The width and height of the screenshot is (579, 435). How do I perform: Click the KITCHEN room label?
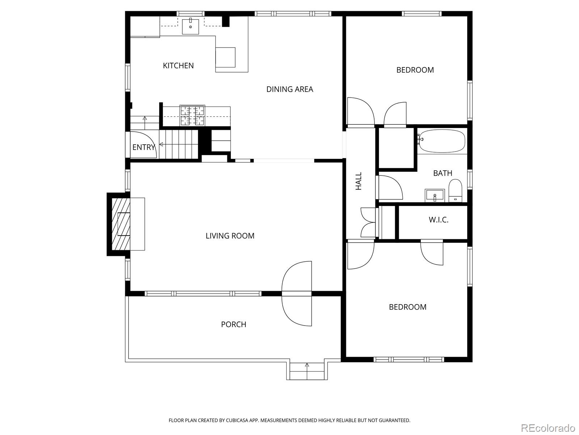pyautogui.click(x=178, y=66)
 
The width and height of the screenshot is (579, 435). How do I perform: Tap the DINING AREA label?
pyautogui.click(x=289, y=89)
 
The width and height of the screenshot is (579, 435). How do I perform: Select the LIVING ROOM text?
pyautogui.click(x=230, y=236)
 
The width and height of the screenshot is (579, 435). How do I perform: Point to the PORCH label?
pyautogui.click(x=233, y=324)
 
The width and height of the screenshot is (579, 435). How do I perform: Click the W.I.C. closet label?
pyautogui.click(x=438, y=220)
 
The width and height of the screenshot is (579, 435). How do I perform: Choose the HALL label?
pyautogui.click(x=359, y=181)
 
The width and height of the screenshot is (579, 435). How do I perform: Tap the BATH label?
pyautogui.click(x=443, y=173)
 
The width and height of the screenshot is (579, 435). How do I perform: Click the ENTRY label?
pyautogui.click(x=144, y=147)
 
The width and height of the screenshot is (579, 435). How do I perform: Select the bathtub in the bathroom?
pyautogui.click(x=442, y=141)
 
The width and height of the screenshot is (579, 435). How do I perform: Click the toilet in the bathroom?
pyautogui.click(x=455, y=191)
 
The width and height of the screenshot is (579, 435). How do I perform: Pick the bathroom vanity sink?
pyautogui.click(x=435, y=195)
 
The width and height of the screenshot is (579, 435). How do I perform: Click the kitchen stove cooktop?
pyautogui.click(x=192, y=115)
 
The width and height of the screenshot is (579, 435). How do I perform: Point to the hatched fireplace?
pyautogui.click(x=121, y=224)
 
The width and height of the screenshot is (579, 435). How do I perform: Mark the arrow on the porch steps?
pyautogui.click(x=307, y=371)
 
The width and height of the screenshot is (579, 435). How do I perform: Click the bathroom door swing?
pyautogui.click(x=391, y=187)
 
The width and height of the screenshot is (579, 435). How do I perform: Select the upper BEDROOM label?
pyautogui.click(x=415, y=70)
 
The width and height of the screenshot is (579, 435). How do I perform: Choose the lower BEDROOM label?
pyautogui.click(x=407, y=307)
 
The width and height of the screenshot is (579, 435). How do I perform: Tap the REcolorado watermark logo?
pyautogui.click(x=548, y=427)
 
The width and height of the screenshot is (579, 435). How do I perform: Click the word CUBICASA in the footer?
pyautogui.click(x=236, y=420)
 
